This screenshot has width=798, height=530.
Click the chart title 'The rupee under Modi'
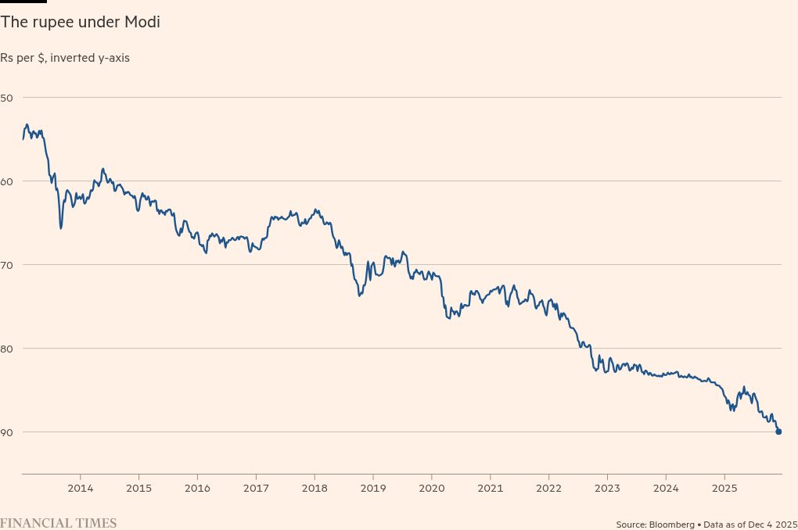(80, 23)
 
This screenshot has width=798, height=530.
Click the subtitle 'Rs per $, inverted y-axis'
(65, 58)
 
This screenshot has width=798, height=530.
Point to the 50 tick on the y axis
(7, 97)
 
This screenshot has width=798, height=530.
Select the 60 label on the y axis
(7, 181)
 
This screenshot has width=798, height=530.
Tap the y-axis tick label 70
(7, 264)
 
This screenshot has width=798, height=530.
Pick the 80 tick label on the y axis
(7, 348)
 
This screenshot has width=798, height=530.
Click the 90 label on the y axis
(7, 432)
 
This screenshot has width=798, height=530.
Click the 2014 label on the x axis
(81, 489)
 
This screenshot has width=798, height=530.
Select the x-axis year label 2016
(197, 489)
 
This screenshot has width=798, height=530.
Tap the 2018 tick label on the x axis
(315, 489)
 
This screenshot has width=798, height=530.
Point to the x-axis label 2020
(432, 489)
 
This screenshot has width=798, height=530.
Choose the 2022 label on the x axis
(548, 489)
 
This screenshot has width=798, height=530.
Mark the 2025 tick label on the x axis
(724, 489)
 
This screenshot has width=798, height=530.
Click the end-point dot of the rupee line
(778, 432)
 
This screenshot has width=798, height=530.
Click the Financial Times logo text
(58, 523)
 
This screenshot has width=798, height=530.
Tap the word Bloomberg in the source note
(672, 524)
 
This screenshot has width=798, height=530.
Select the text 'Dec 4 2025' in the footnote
(771, 524)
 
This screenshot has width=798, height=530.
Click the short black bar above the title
(23, 2)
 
